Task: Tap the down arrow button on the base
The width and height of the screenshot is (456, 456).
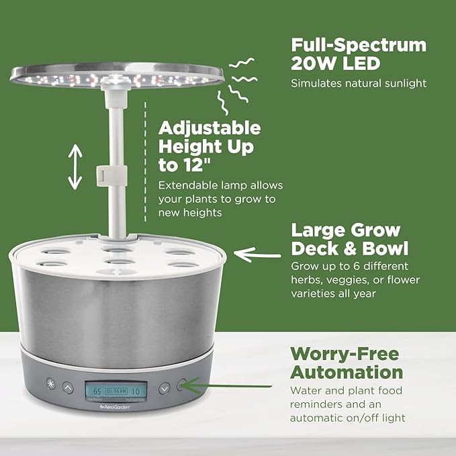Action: [x=165, y=387]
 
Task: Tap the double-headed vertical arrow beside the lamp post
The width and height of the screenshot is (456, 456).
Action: [x=75, y=167]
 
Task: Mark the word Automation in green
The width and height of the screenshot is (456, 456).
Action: [x=347, y=372]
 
